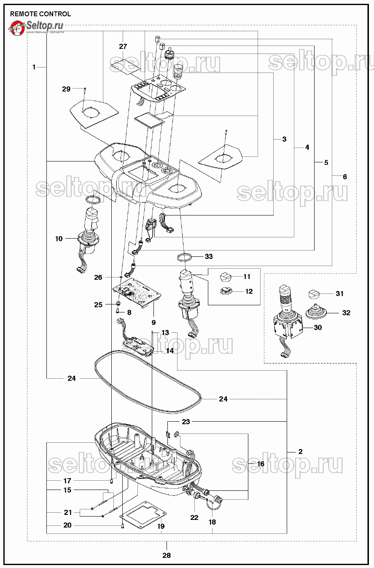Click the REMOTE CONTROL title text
(x=40, y=14)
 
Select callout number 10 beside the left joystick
(x=59, y=239)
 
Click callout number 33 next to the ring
(x=209, y=256)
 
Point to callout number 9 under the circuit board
(x=153, y=323)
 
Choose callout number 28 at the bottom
(x=167, y=555)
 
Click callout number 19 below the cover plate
(x=161, y=526)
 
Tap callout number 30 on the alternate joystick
(x=317, y=327)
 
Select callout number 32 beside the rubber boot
(x=346, y=313)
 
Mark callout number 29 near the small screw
(x=66, y=89)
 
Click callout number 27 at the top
(x=123, y=46)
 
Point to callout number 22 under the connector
(x=194, y=517)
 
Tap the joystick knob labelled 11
(x=226, y=277)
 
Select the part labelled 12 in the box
(x=226, y=291)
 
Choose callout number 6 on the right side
(x=345, y=177)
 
